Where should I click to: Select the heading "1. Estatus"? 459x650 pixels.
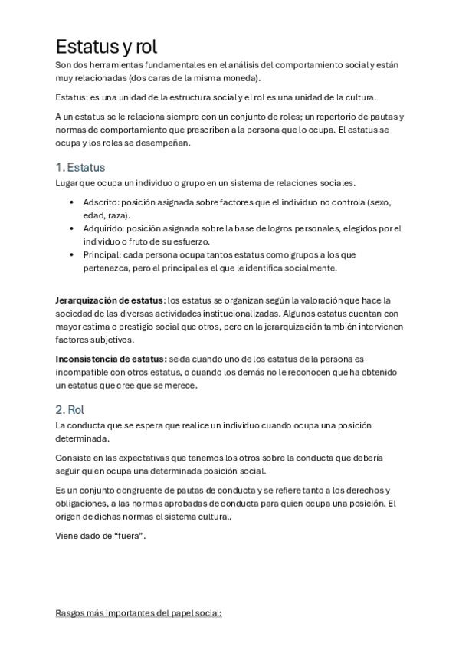click(x=80, y=167)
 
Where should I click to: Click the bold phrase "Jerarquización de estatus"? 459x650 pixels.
click(x=110, y=300)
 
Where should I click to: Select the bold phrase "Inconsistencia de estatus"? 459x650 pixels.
click(x=110, y=359)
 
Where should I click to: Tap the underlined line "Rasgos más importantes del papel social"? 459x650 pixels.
click(x=139, y=613)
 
